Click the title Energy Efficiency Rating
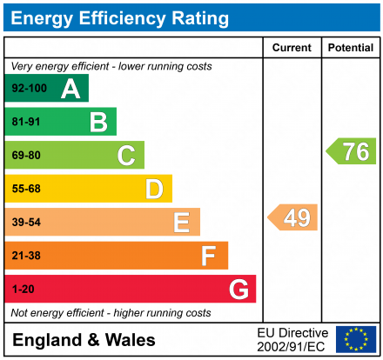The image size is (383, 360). click(121, 17)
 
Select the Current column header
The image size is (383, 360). click(292, 48)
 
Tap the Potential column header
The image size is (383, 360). click(350, 48)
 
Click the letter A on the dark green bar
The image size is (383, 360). click(71, 89)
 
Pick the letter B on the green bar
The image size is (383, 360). click(98, 122)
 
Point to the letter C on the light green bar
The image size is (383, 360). click(126, 156)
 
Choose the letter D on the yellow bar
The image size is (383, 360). click(154, 189)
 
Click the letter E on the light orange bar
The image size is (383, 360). click(181, 223)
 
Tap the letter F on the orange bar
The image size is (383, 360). click(209, 256)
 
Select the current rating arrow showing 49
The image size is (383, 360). click(293, 217)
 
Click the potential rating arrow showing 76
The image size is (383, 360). click(352, 151)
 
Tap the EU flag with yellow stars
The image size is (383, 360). click(355, 339)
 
